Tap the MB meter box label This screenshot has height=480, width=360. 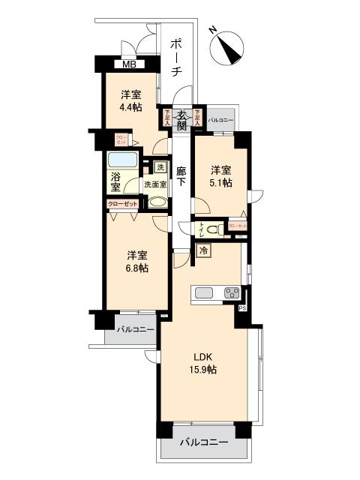130,64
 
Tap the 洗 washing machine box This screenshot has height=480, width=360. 160,166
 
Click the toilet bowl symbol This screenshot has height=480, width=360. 212,229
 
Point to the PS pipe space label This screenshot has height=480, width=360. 241,308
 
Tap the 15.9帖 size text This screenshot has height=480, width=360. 202,370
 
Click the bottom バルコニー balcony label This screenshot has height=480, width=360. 203,443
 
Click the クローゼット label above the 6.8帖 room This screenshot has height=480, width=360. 121,204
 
